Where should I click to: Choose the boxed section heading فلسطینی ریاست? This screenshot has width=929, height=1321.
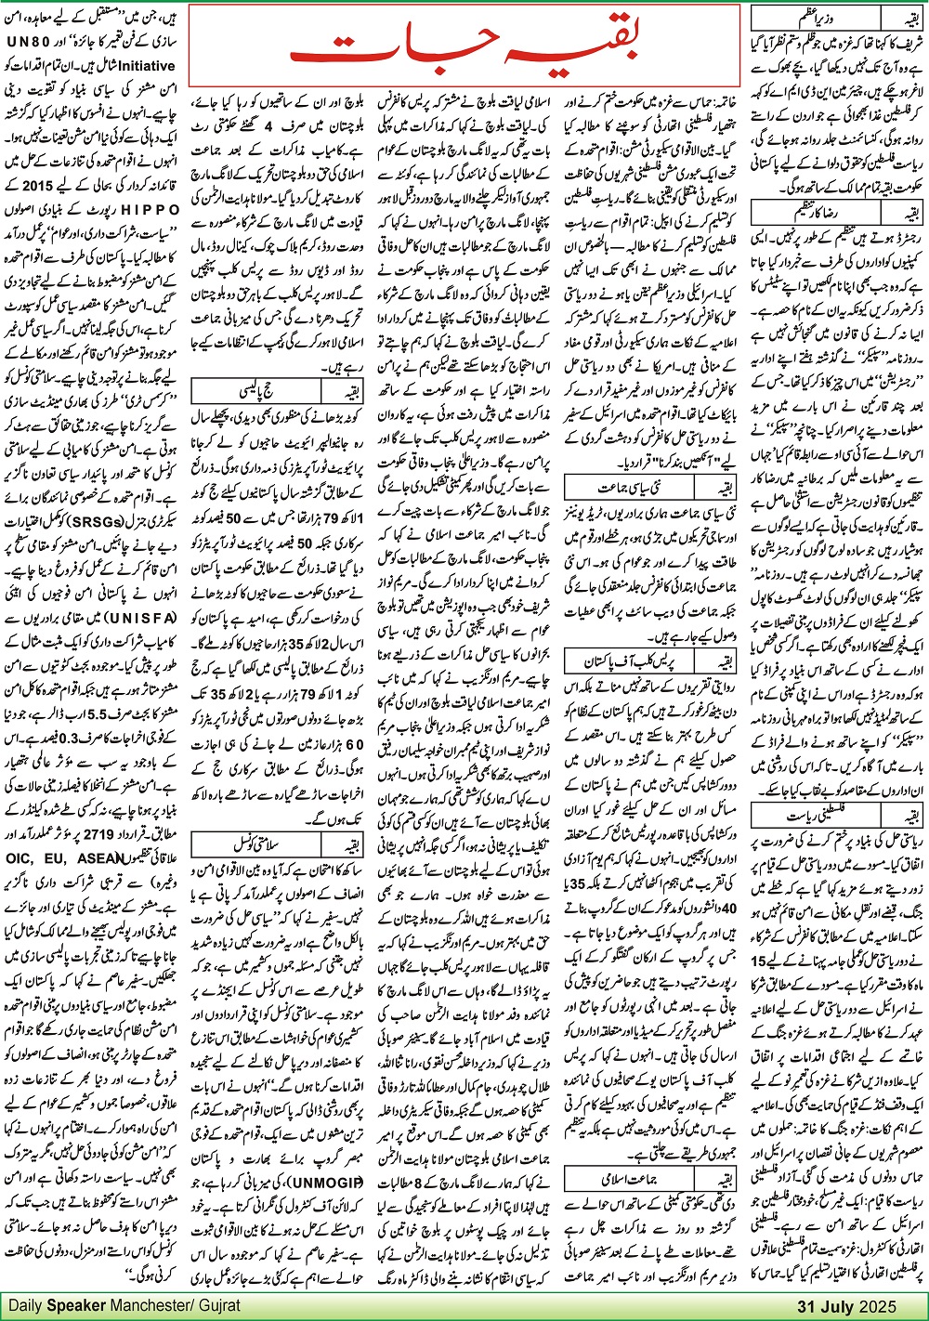tap(809, 815)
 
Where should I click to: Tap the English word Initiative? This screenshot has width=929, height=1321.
tap(138, 66)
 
